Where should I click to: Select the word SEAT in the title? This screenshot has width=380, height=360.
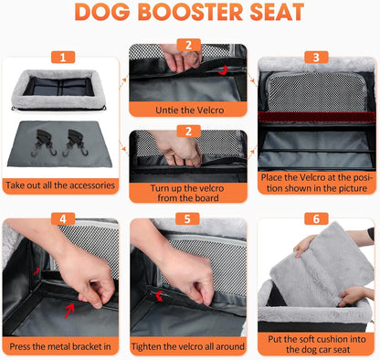click(x=278, y=14)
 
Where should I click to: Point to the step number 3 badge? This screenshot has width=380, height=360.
click(x=317, y=56)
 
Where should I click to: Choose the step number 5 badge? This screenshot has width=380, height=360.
click(x=189, y=219)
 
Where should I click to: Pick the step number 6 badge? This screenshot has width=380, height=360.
click(x=317, y=219)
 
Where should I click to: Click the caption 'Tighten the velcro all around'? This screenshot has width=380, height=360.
click(x=189, y=346)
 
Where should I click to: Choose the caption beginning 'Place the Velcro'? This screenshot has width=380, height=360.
click(x=317, y=183)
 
